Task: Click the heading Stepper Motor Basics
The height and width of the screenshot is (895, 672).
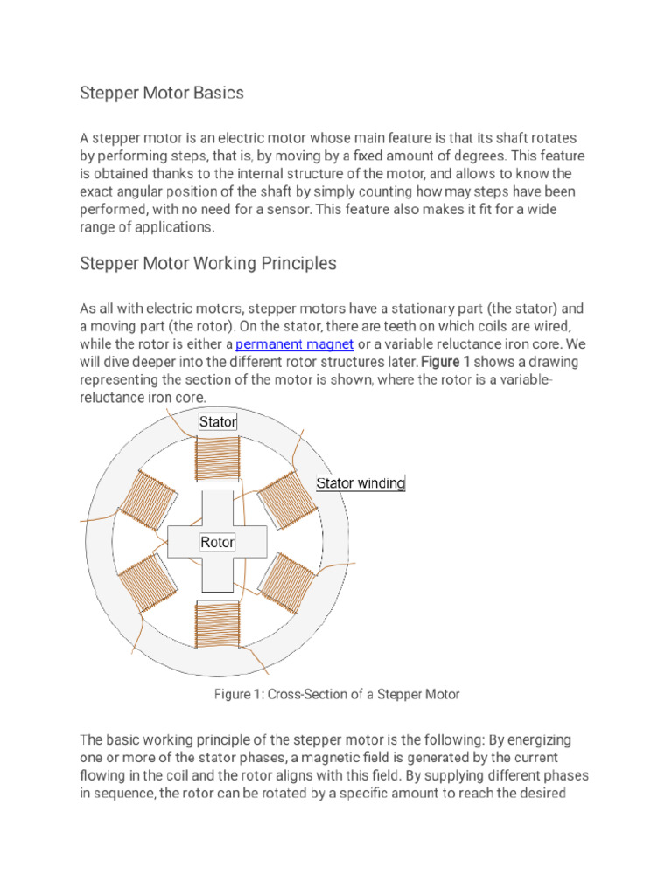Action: (x=162, y=92)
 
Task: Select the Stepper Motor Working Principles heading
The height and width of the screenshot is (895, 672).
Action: (x=208, y=263)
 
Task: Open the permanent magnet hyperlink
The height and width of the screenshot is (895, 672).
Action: (x=295, y=344)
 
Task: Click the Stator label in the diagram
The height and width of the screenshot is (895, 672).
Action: (x=218, y=422)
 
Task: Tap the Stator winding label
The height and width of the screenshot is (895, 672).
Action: (x=360, y=483)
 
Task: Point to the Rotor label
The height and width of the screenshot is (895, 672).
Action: (x=218, y=543)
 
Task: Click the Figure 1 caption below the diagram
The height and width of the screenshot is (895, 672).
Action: (x=337, y=694)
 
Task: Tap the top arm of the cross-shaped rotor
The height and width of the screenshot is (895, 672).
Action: (x=218, y=509)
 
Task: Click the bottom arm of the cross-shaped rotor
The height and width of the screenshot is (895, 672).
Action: (x=218, y=574)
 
